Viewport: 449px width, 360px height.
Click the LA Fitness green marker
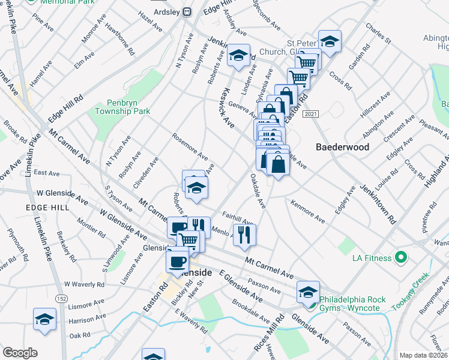click(x=402, y=259)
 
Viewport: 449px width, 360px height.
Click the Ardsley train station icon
click(x=187, y=11)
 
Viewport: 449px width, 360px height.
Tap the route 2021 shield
click(x=310, y=114)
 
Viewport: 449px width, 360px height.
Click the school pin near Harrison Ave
click(x=44, y=319)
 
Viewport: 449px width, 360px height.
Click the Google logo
click(x=20, y=352)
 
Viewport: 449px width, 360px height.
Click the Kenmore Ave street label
click(x=308, y=214)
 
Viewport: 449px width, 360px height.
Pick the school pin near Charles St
click(x=330, y=41)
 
